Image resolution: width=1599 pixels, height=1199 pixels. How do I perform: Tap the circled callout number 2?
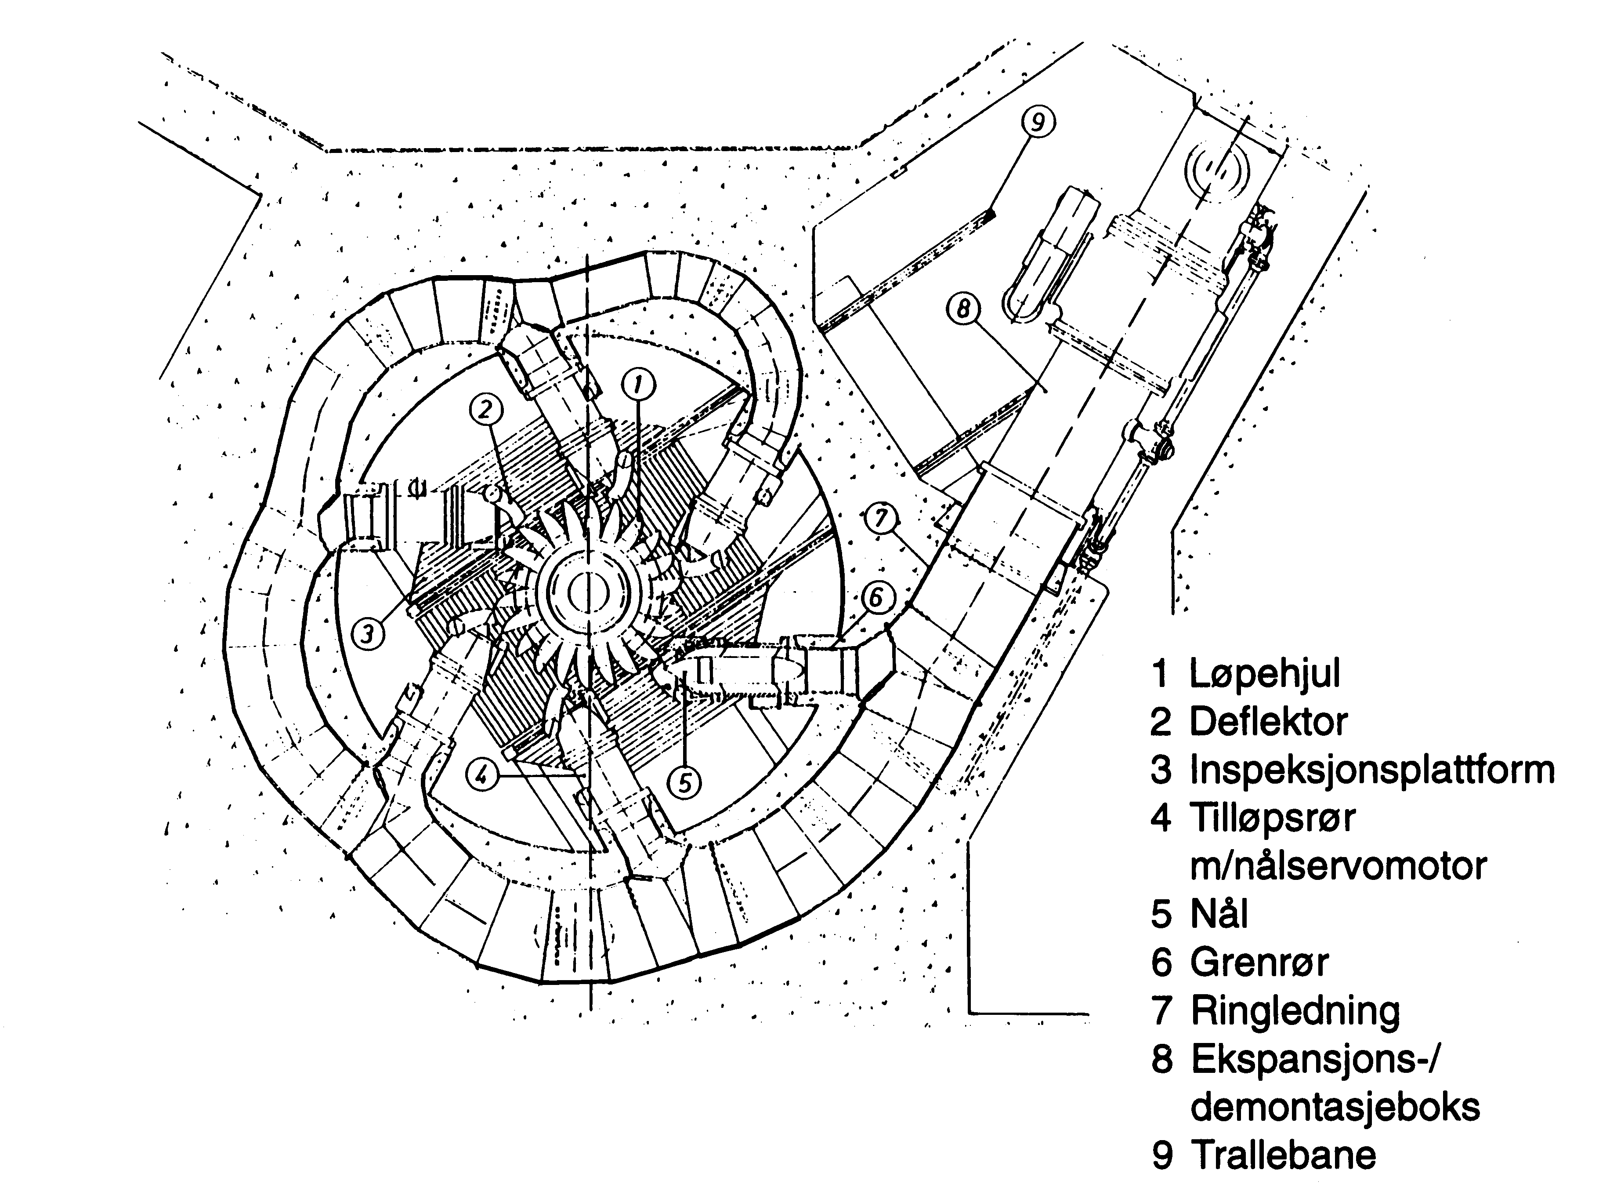point(486,410)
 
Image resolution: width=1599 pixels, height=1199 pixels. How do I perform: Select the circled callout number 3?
point(368,634)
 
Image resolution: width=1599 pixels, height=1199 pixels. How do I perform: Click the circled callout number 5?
point(684,782)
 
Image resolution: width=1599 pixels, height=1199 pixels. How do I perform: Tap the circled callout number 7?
point(880,518)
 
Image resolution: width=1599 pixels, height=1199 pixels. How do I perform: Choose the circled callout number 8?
point(964,309)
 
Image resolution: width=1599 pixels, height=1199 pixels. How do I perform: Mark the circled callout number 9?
point(1038,123)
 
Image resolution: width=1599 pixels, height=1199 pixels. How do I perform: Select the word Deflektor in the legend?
point(1269,722)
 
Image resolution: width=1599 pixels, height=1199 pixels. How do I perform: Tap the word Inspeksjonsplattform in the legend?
point(1372,770)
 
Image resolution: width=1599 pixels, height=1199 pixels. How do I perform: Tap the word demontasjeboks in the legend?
point(1335,1106)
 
